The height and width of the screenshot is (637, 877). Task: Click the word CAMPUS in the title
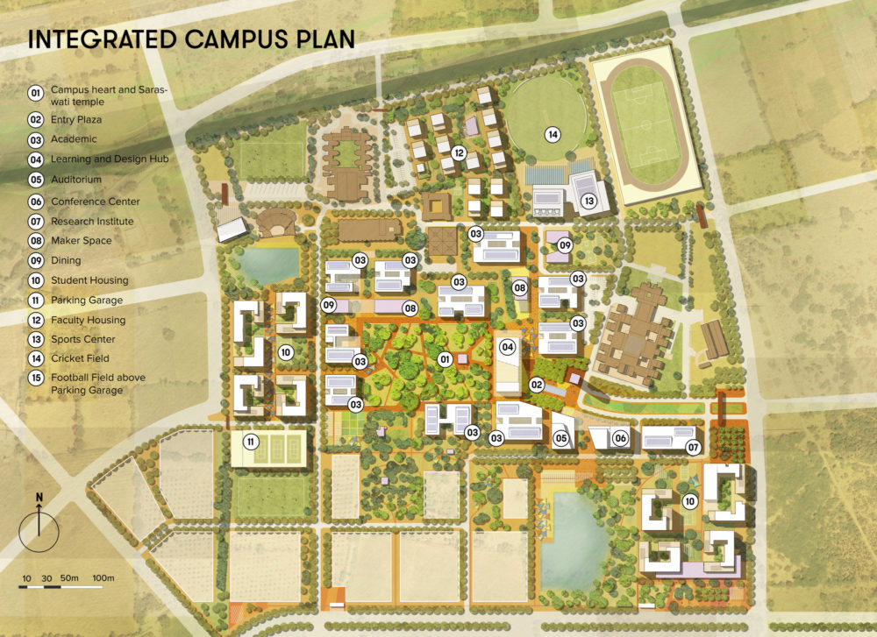[x=232, y=39]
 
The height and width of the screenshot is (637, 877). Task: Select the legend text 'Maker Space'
[x=82, y=240]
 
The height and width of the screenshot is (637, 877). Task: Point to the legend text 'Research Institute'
[x=92, y=221]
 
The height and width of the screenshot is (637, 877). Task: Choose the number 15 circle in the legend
[x=36, y=379]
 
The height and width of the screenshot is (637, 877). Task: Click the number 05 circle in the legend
[x=36, y=180]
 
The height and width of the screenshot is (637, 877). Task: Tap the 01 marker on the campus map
[x=445, y=359]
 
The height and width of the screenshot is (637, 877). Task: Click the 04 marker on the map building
[x=507, y=347]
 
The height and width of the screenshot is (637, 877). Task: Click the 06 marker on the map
[x=619, y=438]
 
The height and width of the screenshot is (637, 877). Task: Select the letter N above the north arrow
[x=39, y=498]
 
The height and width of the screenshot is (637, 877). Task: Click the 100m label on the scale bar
[x=103, y=578]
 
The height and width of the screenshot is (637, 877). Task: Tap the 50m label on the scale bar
[x=69, y=578]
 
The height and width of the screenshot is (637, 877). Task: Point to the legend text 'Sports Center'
[x=83, y=340]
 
